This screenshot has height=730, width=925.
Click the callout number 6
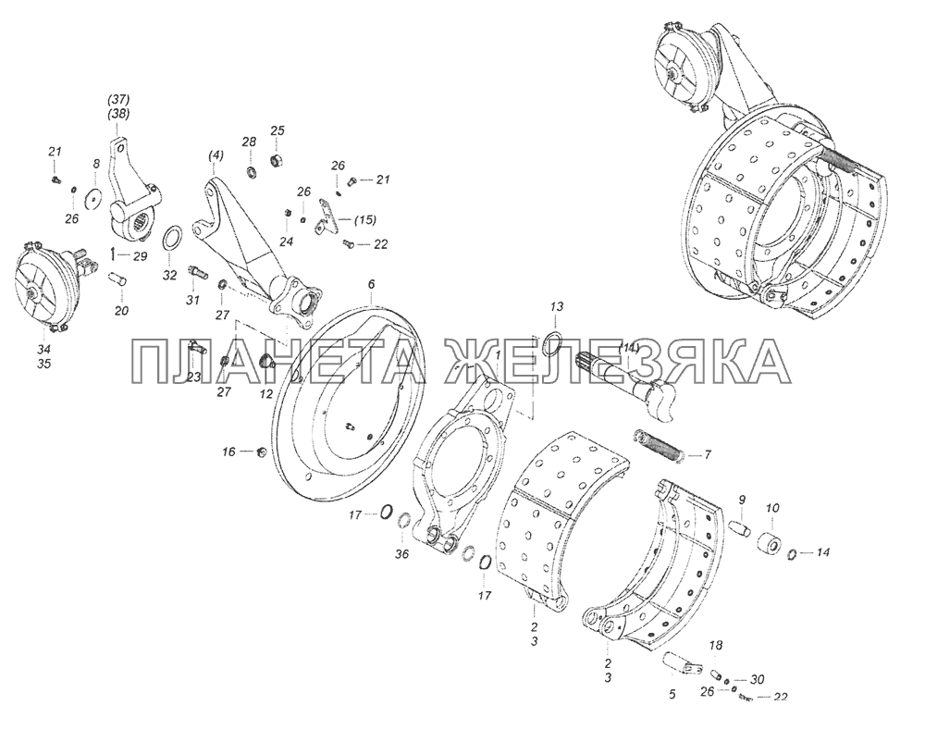(371, 284)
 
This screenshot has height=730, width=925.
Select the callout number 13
(557, 307)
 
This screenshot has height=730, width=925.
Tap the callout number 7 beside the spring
(708, 455)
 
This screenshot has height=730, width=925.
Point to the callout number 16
(228, 452)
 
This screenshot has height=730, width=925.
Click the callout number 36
(401, 555)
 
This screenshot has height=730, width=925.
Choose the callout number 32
(170, 276)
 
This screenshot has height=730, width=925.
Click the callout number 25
(277, 130)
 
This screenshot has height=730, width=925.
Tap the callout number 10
(772, 508)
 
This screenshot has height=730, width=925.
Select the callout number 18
(716, 645)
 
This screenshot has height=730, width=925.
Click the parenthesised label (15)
(365, 220)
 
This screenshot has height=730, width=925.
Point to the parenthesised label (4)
(216, 155)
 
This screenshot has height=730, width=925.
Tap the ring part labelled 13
(551, 344)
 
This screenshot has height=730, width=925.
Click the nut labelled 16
(262, 452)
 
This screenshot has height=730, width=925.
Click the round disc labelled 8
(92, 198)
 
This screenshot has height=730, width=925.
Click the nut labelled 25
(275, 159)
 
